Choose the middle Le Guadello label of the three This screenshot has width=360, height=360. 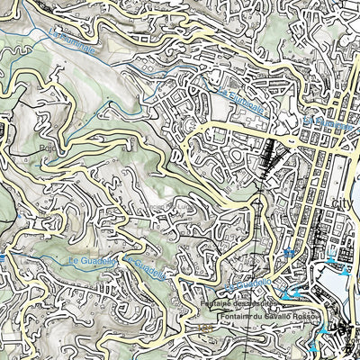coord(146,267)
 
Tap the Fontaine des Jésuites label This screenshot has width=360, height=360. coord(240,303)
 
